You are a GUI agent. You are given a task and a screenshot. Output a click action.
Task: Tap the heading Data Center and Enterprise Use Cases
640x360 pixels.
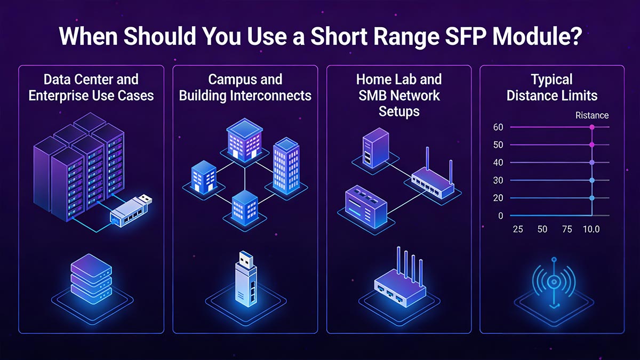[91, 87]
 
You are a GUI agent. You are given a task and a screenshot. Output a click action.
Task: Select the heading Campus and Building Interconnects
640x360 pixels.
[245, 87]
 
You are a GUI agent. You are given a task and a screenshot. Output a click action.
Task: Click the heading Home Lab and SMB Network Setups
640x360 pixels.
[399, 95]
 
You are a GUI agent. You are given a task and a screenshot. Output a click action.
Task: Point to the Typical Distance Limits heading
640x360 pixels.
[552, 87]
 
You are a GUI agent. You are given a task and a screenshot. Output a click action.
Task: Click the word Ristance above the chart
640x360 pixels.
[592, 115]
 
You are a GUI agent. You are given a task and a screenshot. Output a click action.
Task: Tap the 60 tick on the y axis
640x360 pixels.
[498, 127]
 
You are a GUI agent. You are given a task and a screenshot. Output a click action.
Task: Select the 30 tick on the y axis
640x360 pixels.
[498, 180]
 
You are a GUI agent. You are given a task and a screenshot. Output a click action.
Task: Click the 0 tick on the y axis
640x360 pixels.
[500, 216]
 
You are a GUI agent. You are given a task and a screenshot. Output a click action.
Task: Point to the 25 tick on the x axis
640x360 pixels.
[517, 229]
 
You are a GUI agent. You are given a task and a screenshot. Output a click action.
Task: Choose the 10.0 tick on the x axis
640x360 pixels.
[591, 229]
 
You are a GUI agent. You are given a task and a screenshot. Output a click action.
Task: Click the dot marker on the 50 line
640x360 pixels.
[592, 145]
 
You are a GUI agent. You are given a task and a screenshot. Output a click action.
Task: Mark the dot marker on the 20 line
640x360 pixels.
[592, 198]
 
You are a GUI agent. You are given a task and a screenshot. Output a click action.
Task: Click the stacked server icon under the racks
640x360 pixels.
[91, 277]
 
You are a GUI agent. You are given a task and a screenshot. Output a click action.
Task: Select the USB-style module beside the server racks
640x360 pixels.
[131, 211]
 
